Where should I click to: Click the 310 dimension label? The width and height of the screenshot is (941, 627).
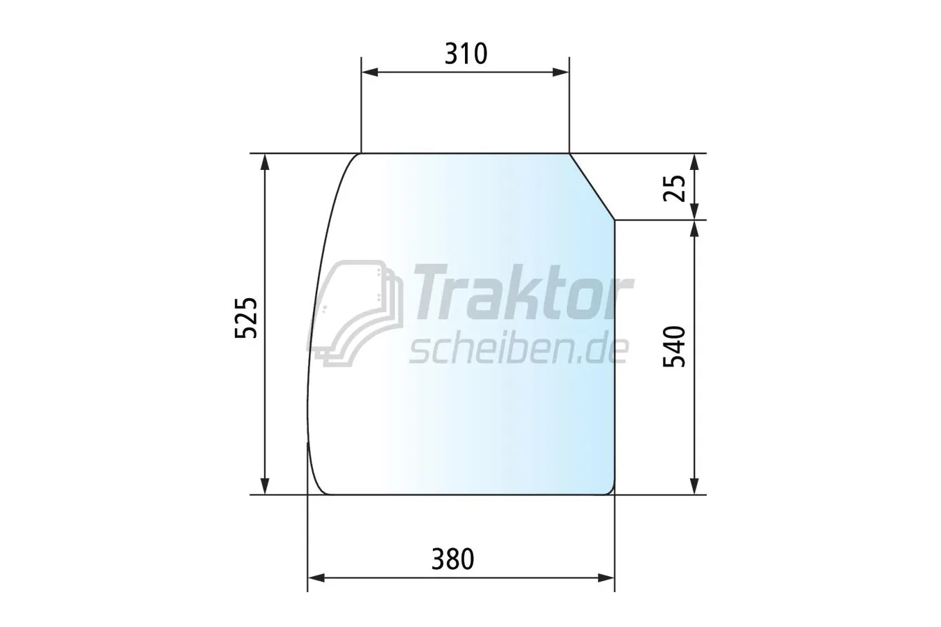(x=466, y=54)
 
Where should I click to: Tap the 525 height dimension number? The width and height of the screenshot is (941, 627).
(x=245, y=318)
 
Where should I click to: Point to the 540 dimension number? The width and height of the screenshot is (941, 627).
(x=674, y=346)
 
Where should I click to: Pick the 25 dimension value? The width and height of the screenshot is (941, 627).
(x=674, y=188)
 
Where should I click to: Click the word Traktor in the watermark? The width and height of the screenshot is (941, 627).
(x=523, y=293)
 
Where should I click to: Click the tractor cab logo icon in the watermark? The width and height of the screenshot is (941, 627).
(x=355, y=313)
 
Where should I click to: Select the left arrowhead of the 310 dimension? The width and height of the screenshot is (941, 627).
(x=369, y=72)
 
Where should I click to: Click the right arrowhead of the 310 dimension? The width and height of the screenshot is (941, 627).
(x=561, y=72)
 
